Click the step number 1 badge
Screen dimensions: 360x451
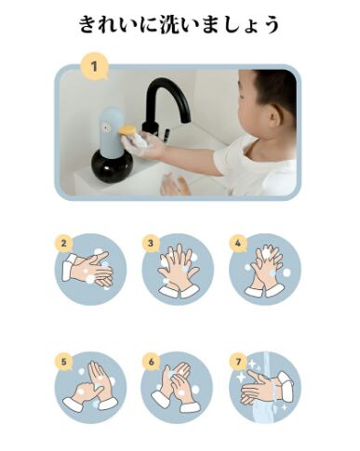(94, 67)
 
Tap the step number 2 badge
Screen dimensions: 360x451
(63, 244)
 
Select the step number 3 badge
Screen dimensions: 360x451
(151, 244)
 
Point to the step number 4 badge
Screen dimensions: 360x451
(238, 244)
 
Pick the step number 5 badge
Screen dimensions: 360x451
(63, 362)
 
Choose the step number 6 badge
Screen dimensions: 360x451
(151, 362)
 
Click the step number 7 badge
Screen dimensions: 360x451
(238, 362)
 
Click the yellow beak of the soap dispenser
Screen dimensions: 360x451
(128, 129)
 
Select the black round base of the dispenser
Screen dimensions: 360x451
(112, 166)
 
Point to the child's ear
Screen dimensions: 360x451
(273, 115)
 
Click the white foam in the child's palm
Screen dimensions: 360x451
(140, 141)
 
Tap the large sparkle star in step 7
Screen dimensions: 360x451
(242, 378)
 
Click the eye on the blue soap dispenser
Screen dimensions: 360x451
(108, 127)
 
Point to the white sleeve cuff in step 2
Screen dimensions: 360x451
(68, 267)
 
